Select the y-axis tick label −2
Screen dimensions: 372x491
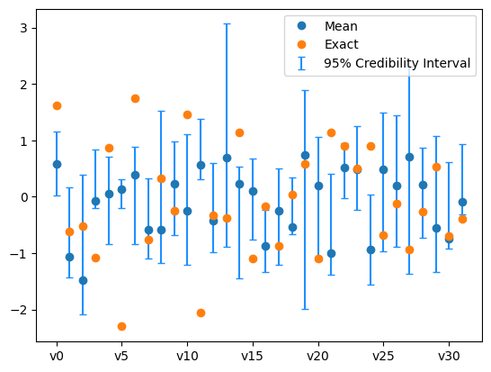(22, 310)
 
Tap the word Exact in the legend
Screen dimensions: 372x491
(343, 44)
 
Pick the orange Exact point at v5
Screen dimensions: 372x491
(121, 326)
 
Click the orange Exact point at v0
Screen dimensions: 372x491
(57, 105)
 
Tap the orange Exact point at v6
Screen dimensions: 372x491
(135, 98)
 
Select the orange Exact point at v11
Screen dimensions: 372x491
(201, 313)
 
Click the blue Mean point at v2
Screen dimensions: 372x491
(83, 280)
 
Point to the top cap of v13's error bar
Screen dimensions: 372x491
(227, 23)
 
